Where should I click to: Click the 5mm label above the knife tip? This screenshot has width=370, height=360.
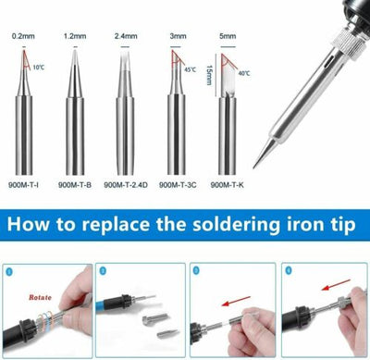(226, 36)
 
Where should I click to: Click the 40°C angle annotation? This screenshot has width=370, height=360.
(244, 73)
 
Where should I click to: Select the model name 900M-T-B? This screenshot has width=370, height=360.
(73, 184)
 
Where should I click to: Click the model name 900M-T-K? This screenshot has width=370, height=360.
(227, 184)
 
